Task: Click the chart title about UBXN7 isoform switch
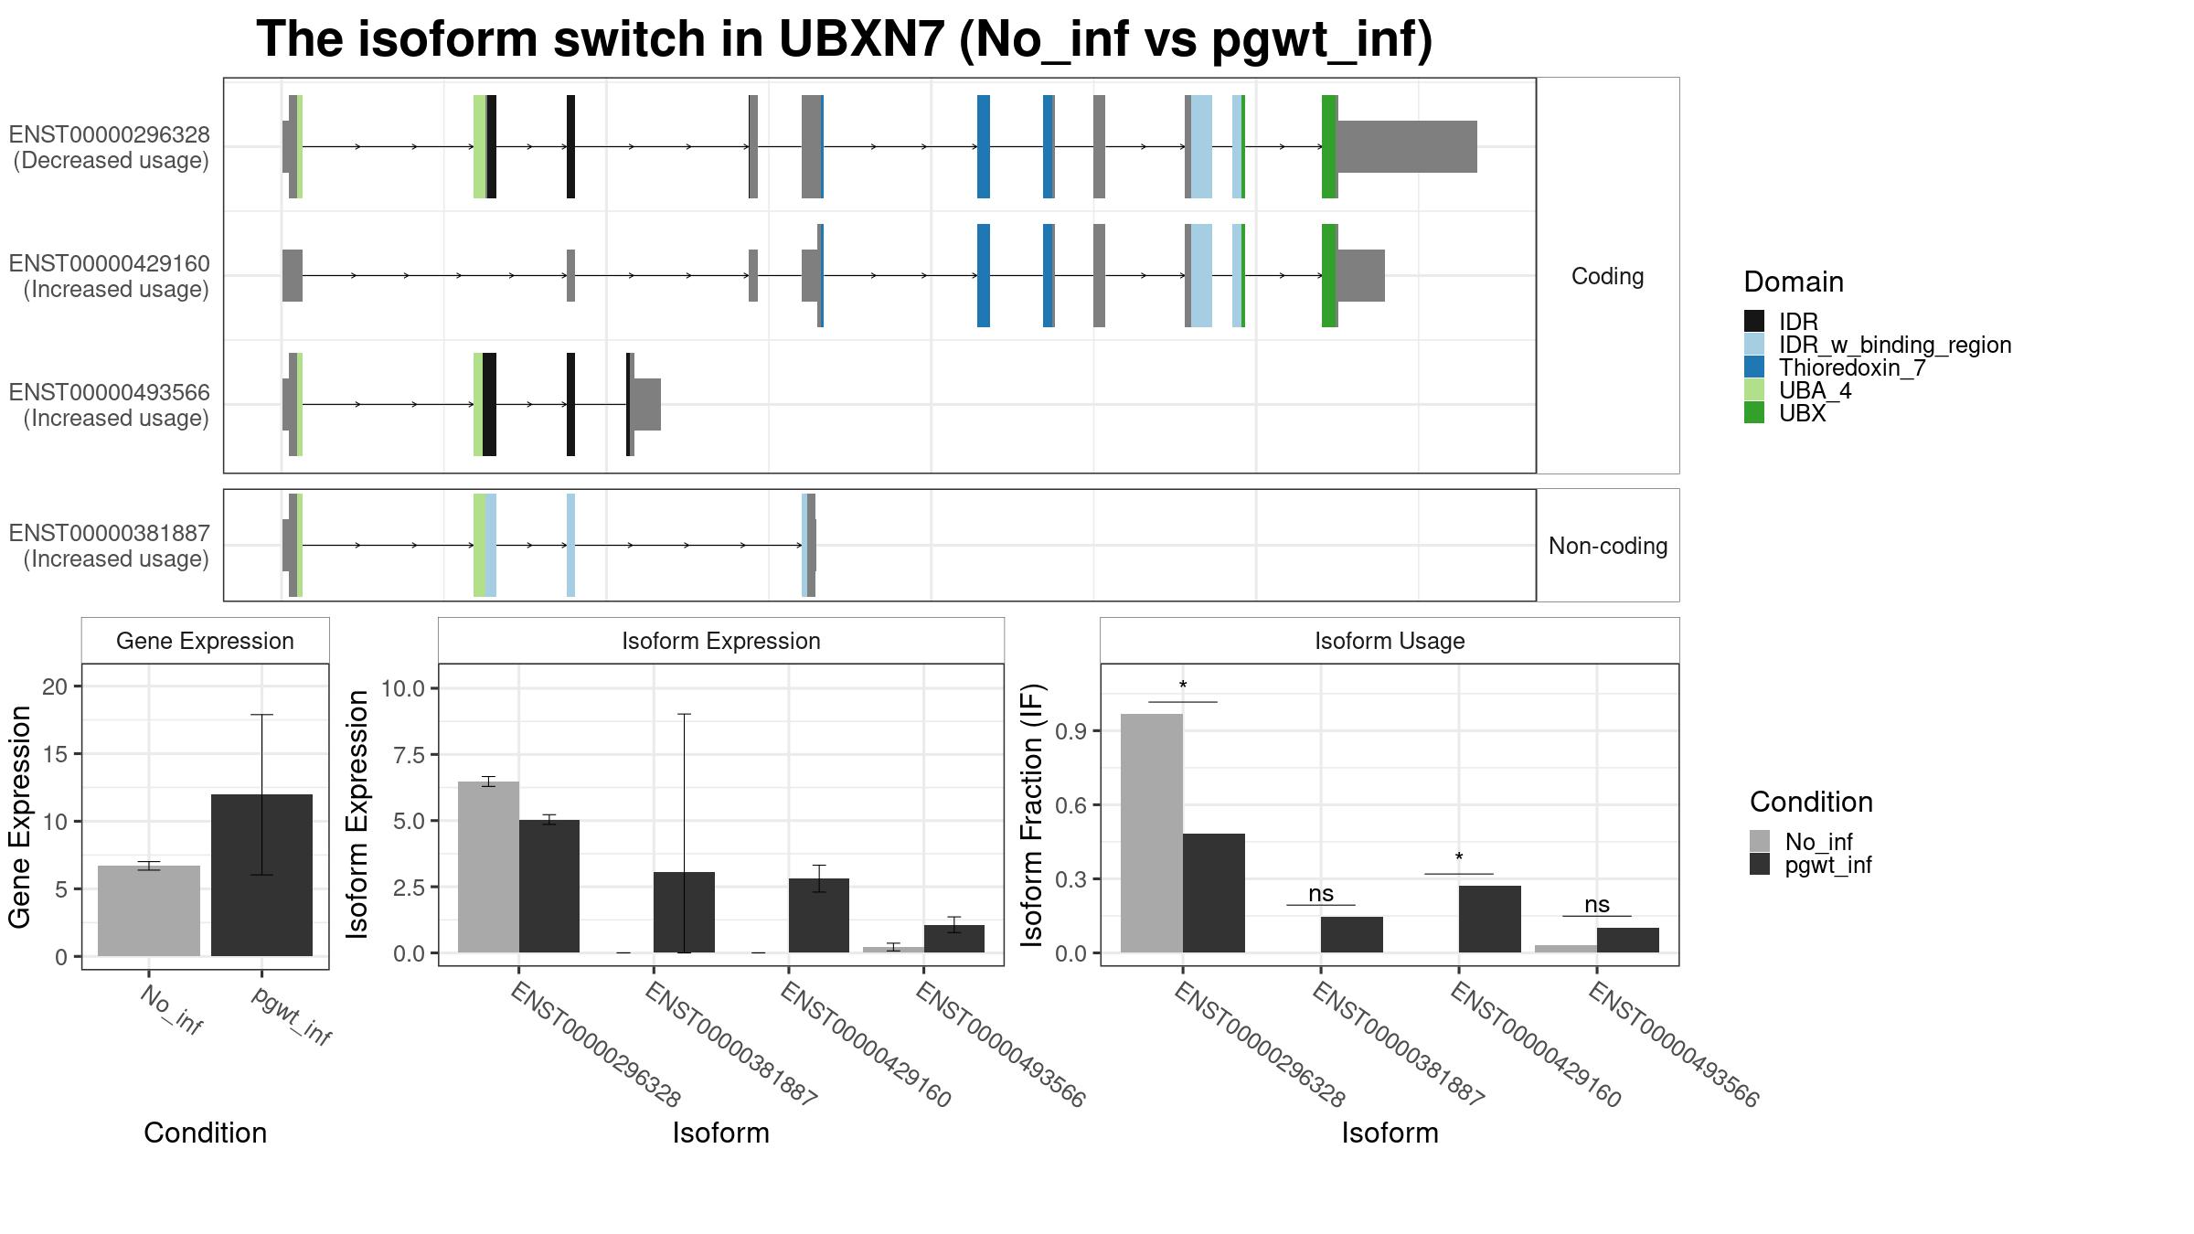[845, 40]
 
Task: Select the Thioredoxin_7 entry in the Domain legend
[1852, 367]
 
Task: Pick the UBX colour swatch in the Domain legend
[1754, 413]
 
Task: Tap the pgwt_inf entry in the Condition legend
[1828, 865]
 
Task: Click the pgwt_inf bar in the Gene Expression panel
[261, 875]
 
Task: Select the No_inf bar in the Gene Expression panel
[149, 910]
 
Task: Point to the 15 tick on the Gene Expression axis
[61, 754]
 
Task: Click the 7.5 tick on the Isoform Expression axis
[410, 755]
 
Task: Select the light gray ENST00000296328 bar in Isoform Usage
[1152, 833]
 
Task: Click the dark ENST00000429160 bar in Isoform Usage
[1490, 919]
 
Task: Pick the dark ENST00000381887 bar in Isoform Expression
[684, 912]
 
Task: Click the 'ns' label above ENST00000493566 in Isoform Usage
[1597, 904]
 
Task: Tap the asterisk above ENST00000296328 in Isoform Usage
[1183, 686]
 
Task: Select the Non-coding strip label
[1608, 546]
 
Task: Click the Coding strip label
[1608, 276]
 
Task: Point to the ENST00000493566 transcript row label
[110, 405]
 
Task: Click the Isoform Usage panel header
[1390, 641]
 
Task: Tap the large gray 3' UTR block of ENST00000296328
[1408, 146]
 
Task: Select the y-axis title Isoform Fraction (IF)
[1032, 814]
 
